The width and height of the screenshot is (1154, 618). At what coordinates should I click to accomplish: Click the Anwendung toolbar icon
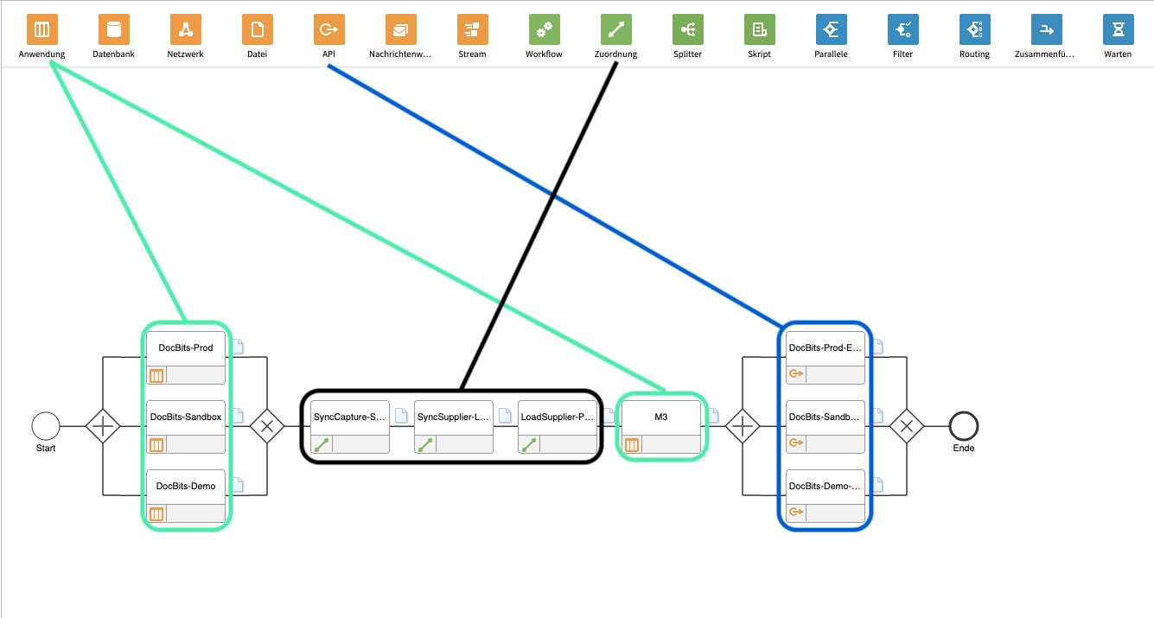[x=41, y=30]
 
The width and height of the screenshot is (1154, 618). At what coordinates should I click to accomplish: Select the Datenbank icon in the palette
[x=113, y=30]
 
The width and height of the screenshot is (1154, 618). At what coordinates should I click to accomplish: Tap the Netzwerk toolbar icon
[x=185, y=30]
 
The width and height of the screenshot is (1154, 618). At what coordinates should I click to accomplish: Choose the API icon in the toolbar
[x=328, y=30]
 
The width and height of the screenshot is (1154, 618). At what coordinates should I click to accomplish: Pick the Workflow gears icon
[x=544, y=30]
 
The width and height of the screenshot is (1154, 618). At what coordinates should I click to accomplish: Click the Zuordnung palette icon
[x=615, y=30]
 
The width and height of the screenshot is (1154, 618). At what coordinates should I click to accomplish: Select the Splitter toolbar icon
[x=687, y=30]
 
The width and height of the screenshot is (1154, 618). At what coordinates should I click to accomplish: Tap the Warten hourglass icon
[x=1118, y=30]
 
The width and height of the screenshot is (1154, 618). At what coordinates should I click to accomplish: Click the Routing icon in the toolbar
[x=974, y=30]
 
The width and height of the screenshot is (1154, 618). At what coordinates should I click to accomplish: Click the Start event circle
[x=46, y=426]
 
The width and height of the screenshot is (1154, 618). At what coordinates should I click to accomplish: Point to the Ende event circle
[x=963, y=426]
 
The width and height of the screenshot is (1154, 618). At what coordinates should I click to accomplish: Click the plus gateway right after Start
[x=103, y=426]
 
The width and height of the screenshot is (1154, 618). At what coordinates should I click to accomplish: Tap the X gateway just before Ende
[x=907, y=426]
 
